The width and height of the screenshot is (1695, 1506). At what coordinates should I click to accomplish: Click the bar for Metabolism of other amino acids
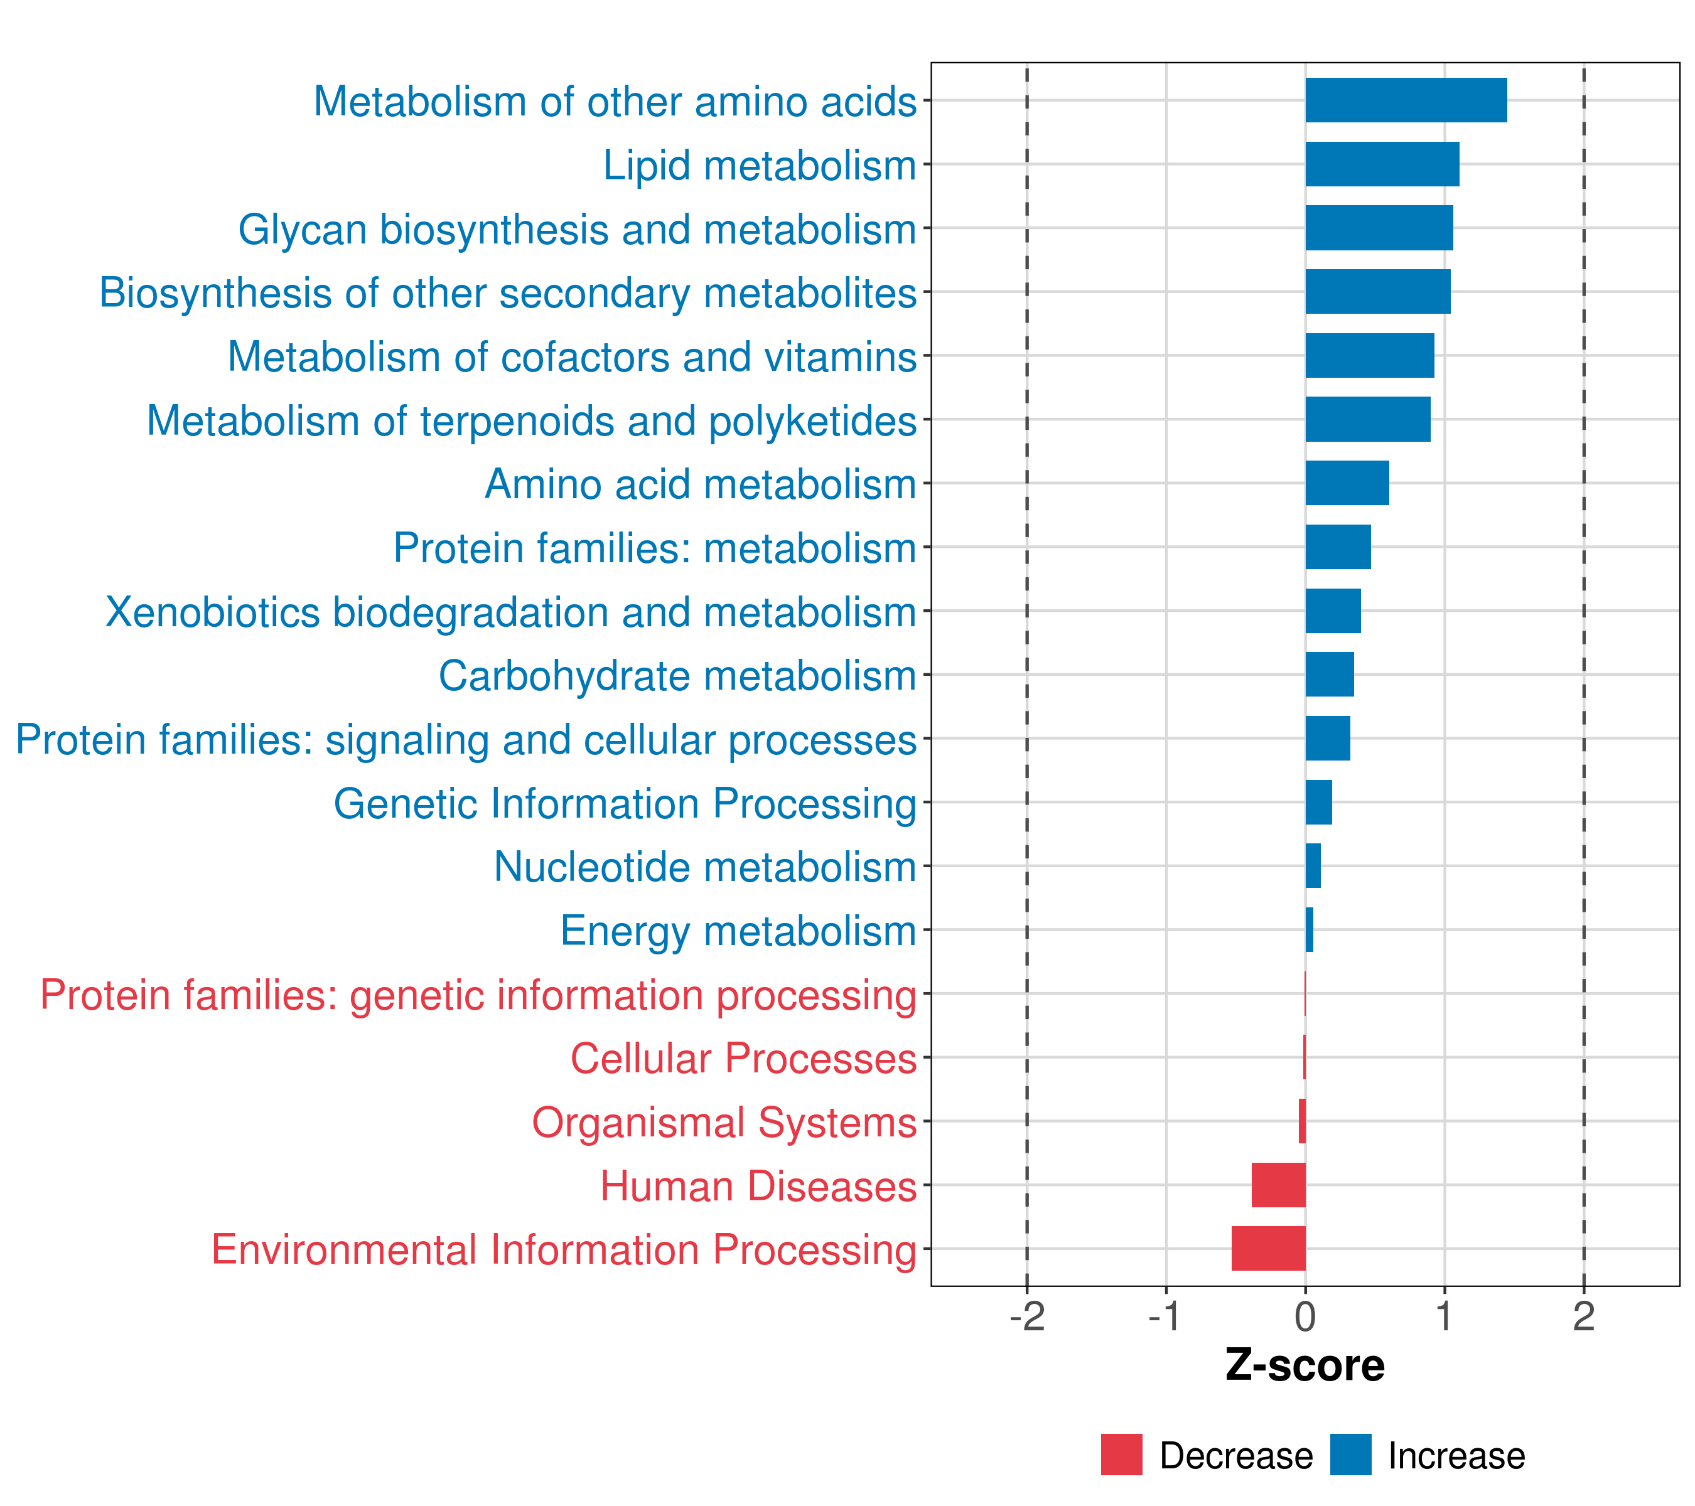[1406, 100]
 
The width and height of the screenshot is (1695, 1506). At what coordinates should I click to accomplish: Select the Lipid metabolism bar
[1382, 164]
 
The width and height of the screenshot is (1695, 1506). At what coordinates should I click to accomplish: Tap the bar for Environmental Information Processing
[1268, 1248]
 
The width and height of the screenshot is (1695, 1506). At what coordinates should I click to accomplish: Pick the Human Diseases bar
[1278, 1185]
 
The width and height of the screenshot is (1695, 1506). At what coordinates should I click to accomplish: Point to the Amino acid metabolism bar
[1347, 483]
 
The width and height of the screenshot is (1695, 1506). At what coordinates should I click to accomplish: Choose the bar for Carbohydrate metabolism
[1329, 675]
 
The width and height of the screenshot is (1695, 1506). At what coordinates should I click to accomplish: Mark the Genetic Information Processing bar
[1318, 803]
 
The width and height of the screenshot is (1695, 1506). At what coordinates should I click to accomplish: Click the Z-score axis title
[1305, 1366]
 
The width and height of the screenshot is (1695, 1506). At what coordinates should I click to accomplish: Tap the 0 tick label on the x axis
[1305, 1317]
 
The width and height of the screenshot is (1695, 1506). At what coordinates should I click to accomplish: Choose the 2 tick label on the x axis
[1583, 1317]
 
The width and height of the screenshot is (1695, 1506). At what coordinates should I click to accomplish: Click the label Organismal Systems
[724, 1122]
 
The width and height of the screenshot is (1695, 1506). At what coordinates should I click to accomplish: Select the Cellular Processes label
[743, 1059]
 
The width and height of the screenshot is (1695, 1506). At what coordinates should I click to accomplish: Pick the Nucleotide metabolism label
[705, 867]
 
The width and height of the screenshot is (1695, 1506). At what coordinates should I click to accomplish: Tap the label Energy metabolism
[738, 931]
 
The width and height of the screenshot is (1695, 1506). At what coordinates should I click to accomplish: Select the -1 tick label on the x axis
[1165, 1317]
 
